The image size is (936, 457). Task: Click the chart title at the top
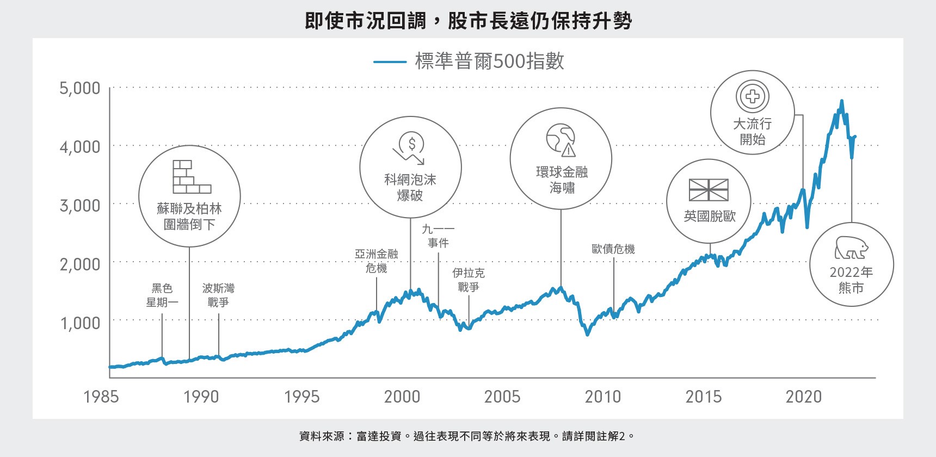pyautogui.click(x=468, y=21)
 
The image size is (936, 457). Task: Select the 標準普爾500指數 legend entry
pyautogui.click(x=469, y=61)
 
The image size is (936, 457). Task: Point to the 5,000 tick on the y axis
pyautogui.click(x=80, y=88)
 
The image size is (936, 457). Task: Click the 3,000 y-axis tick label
pyautogui.click(x=80, y=206)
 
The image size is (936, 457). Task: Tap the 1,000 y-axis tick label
pyautogui.click(x=80, y=323)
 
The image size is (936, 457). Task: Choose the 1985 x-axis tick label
pyautogui.click(x=101, y=397)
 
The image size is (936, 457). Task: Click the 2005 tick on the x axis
pyautogui.click(x=502, y=397)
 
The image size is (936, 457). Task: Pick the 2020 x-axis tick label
pyautogui.click(x=803, y=397)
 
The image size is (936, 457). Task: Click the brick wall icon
pyautogui.click(x=192, y=177)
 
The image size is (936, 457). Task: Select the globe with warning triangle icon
pyautogui.click(x=561, y=139)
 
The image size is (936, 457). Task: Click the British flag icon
pyautogui.click(x=709, y=190)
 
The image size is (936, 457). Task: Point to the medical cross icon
pyautogui.click(x=752, y=97)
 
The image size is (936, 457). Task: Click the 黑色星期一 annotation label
pyautogui.click(x=162, y=295)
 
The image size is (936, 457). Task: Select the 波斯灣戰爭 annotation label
pyautogui.click(x=218, y=295)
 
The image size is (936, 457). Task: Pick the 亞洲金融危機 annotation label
pyautogui.click(x=377, y=261)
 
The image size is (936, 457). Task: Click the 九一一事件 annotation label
pyautogui.click(x=438, y=236)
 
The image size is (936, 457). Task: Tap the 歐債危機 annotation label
pyautogui.click(x=613, y=249)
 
